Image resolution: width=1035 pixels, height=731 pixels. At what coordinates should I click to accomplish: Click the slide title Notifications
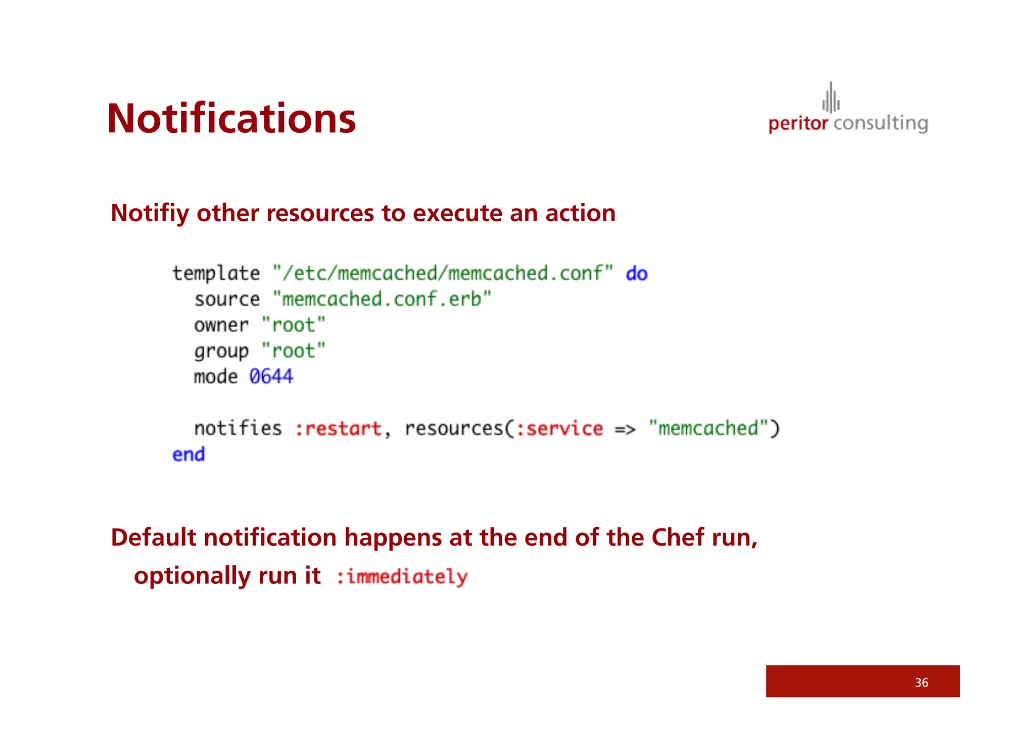[231, 119]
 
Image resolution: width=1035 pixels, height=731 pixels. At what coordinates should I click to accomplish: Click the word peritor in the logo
[798, 124]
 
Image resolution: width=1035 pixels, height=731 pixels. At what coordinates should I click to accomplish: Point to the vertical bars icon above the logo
[831, 98]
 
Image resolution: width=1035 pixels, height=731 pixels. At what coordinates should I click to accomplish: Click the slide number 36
[921, 683]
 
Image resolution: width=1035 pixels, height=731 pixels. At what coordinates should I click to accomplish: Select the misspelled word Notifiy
[150, 213]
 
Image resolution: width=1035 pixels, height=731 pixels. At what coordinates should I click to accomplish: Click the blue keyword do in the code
[636, 273]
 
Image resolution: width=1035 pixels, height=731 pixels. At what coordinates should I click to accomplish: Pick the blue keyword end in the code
[189, 454]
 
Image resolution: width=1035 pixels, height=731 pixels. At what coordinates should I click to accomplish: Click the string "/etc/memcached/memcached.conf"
[443, 273]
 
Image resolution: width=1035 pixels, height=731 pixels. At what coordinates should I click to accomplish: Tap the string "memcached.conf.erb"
[382, 299]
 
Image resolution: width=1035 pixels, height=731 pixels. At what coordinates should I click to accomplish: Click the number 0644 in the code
[271, 376]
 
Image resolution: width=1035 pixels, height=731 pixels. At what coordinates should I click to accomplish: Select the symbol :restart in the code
[338, 428]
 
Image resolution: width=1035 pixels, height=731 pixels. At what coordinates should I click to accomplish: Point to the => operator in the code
[625, 429]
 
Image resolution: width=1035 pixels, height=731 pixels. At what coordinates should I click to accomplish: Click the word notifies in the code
[238, 428]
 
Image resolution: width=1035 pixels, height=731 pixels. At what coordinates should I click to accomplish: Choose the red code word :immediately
[402, 577]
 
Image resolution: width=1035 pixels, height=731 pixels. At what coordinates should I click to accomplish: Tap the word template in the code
[216, 273]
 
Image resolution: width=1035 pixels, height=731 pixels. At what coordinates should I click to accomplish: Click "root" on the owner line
[294, 325]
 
